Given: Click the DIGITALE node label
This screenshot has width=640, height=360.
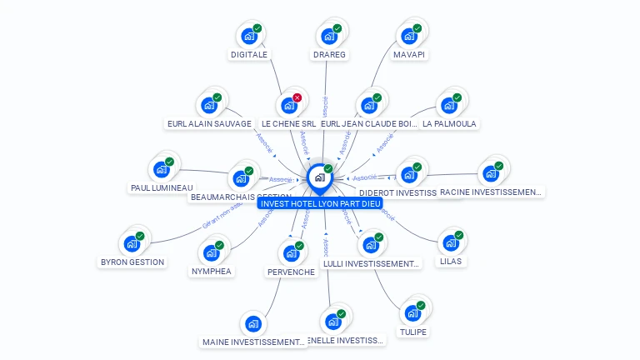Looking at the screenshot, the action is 249,55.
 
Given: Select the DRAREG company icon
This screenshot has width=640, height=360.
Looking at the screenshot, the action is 329,37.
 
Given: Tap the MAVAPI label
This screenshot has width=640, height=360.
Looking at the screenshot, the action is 409,55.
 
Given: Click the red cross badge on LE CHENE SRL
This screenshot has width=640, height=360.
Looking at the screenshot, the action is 297,97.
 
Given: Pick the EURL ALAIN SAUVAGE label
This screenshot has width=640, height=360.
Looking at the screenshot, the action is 209,124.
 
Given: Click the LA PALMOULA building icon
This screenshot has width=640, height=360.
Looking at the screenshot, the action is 448,106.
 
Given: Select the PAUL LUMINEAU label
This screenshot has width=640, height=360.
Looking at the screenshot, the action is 162,188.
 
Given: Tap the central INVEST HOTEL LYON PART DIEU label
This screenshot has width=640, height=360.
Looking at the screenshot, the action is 320,203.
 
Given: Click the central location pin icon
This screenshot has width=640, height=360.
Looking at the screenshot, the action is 318,177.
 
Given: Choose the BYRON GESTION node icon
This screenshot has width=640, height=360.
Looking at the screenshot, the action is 131,243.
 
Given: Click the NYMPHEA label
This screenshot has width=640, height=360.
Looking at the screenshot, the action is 211,271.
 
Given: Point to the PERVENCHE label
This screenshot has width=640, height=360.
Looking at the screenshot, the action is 291,272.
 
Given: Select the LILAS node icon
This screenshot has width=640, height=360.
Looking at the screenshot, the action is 450,243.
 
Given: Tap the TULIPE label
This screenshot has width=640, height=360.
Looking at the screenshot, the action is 412,332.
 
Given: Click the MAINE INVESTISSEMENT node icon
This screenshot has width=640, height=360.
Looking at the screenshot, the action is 252,324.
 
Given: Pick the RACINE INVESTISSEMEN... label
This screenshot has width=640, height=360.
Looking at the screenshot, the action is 491,192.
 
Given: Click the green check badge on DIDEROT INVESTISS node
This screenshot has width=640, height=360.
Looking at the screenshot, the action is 417,167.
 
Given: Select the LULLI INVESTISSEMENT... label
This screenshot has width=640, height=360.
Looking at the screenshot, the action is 371,264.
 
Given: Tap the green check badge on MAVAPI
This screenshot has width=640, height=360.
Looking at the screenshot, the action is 417,28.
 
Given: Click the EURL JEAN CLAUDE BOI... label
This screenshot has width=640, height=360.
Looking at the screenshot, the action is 369,124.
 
